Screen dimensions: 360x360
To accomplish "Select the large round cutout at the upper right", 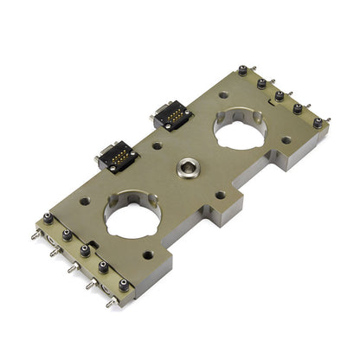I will pyautogui.click(x=239, y=132).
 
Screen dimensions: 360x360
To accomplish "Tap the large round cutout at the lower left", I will pyautogui.click(x=133, y=217).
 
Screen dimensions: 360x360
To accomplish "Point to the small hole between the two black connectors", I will pyautogui.click(x=156, y=145).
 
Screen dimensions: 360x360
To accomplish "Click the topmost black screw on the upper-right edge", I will pyautogui.click(x=241, y=74).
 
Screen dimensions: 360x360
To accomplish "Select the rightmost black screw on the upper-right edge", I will pyautogui.click(x=317, y=122).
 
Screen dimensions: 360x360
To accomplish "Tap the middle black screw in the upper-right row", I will pyautogui.click(x=279, y=95).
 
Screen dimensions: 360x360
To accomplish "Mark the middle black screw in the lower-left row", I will pyautogui.click(x=84, y=250).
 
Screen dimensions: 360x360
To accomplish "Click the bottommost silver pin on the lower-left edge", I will pyautogui.click(x=112, y=303).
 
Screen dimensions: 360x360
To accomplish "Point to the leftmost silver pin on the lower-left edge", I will pyautogui.click(x=35, y=235).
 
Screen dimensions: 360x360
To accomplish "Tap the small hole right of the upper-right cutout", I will pyautogui.click(x=286, y=139).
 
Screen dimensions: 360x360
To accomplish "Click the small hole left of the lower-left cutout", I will pyautogui.click(x=85, y=201).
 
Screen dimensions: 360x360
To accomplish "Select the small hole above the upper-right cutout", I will pyautogui.click(x=223, y=94).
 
